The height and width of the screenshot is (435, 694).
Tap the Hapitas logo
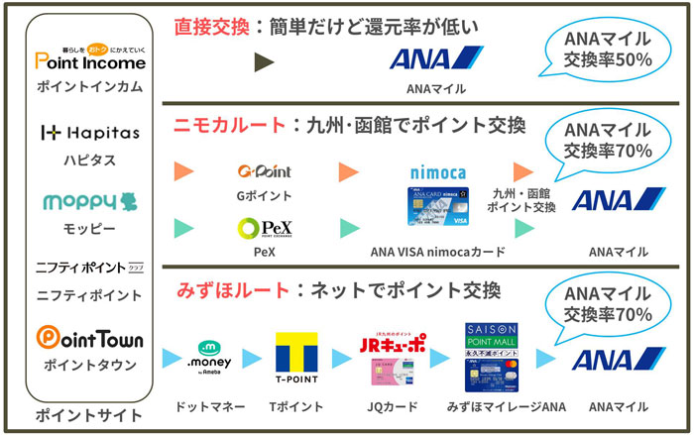(89, 133)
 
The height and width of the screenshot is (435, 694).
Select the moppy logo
(89, 203)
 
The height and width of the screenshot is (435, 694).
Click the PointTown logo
(89, 339)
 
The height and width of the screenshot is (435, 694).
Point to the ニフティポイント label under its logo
(89, 294)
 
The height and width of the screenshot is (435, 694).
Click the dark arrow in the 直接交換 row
(264, 63)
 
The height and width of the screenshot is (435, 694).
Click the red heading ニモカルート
(231, 126)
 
